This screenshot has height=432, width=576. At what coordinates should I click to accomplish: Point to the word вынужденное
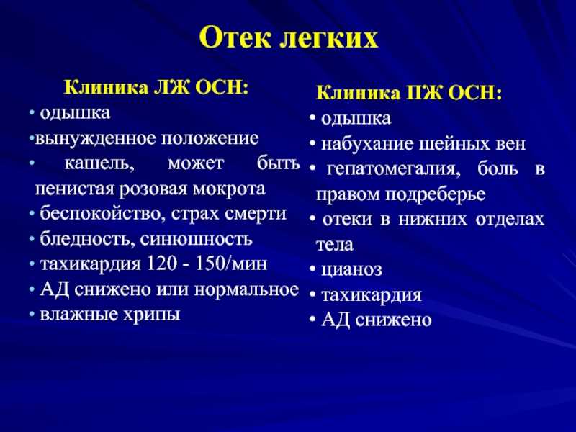(96, 138)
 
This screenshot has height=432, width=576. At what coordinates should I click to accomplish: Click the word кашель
(99, 164)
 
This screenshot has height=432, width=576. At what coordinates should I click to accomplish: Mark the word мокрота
(229, 189)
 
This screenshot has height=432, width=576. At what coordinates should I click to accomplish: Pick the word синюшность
(196, 240)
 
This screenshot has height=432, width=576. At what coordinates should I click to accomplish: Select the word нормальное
(246, 290)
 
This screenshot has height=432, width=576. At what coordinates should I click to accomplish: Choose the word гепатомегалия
(393, 170)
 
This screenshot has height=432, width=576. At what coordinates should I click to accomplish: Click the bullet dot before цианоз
(312, 269)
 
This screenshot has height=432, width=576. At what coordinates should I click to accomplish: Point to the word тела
(335, 245)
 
